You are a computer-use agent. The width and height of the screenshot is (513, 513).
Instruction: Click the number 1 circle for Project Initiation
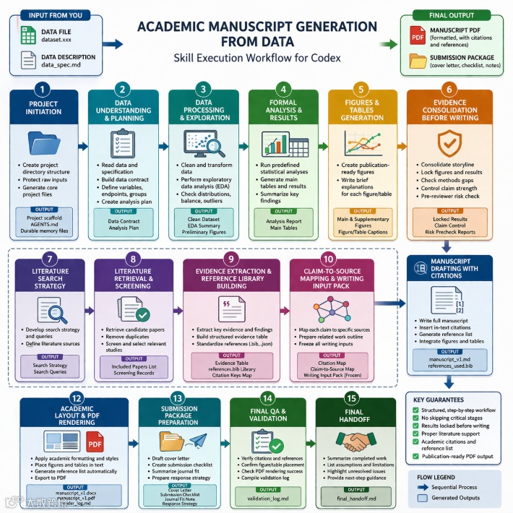click(43, 90)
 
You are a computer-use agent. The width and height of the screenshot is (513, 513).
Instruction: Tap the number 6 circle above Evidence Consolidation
click(449, 90)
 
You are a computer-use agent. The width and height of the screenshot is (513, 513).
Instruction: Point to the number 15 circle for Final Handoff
click(350, 398)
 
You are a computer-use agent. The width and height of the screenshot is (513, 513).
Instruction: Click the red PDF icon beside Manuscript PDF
click(418, 34)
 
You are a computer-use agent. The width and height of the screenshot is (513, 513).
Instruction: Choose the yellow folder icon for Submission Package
click(418, 61)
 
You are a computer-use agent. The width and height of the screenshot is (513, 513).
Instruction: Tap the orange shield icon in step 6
click(449, 142)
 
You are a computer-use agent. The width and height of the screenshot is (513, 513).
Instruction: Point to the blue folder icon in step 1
click(43, 142)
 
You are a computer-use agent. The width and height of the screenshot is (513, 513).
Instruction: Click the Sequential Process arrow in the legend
click(424, 488)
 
